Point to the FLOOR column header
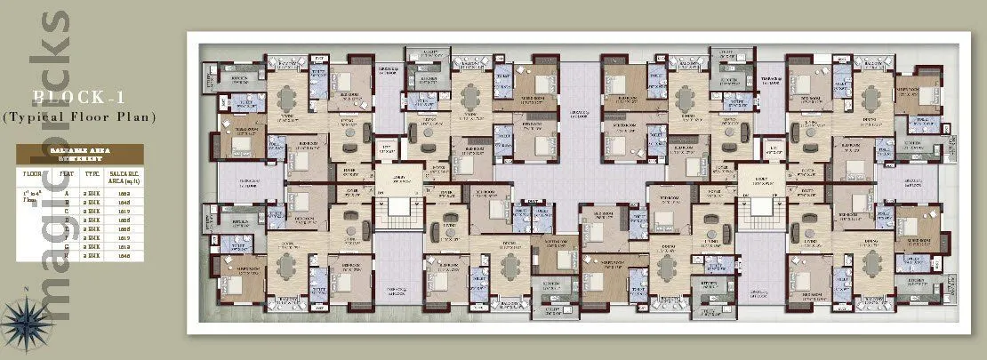click(x=32, y=175)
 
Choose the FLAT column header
click(x=65, y=175)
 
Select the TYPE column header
click(x=91, y=175)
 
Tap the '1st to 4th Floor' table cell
click(x=32, y=196)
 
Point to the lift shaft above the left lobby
click(x=387, y=149)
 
